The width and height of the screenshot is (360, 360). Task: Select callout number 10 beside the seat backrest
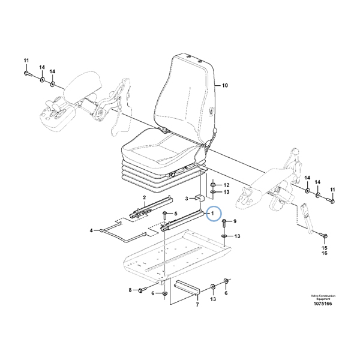(x=226, y=86)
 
